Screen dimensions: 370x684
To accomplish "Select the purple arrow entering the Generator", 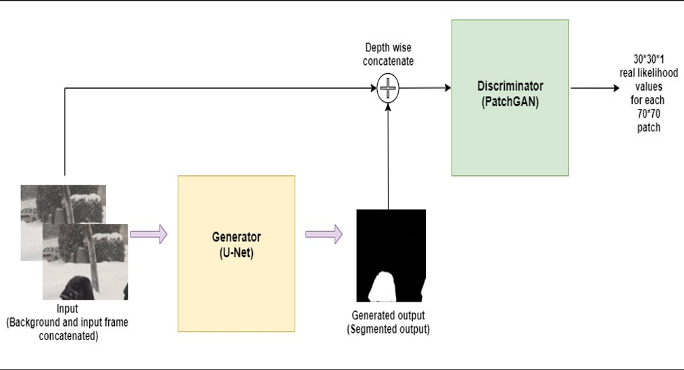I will pos(148,235).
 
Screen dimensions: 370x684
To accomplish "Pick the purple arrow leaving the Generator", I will pos(324,235).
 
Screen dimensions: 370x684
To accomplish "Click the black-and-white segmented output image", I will pos(391,255).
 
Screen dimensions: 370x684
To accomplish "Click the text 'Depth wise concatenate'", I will pos(389,55).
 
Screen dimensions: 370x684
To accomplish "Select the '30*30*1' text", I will pos(648,60).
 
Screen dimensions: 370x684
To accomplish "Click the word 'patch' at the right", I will pos(648,127).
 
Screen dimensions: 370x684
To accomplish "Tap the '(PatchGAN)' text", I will pos(510,103).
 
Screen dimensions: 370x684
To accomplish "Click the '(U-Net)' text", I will pos(236,251).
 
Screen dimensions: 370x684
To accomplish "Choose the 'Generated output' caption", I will pos(388,316).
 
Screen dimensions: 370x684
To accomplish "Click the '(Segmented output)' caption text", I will pos(388,329).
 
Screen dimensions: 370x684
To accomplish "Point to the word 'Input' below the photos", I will pos(67,309).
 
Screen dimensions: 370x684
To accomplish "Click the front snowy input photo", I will pos(85,260).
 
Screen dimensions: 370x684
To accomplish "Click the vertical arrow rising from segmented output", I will pos(388,156).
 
